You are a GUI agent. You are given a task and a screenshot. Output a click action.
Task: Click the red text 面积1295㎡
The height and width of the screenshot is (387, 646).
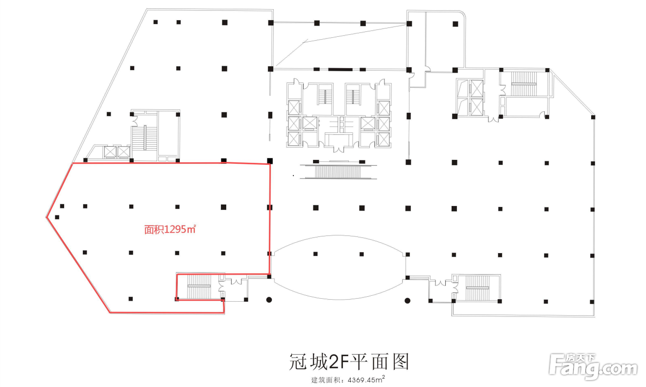[170, 229]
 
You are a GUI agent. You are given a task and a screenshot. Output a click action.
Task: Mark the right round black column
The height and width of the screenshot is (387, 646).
[407, 300]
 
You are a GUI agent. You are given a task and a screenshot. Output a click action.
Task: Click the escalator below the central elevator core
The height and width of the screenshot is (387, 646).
[339, 172]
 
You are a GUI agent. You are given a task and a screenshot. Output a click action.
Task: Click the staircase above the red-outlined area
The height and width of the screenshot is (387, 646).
[145, 138]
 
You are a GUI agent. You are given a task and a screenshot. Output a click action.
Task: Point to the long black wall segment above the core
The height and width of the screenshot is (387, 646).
[340, 69]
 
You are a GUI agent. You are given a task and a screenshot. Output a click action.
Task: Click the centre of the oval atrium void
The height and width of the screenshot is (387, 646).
[339, 267]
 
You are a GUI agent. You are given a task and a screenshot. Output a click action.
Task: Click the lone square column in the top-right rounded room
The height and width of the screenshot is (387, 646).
[455, 23]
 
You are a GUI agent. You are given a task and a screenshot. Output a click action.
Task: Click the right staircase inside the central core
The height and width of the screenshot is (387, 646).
[353, 96]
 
